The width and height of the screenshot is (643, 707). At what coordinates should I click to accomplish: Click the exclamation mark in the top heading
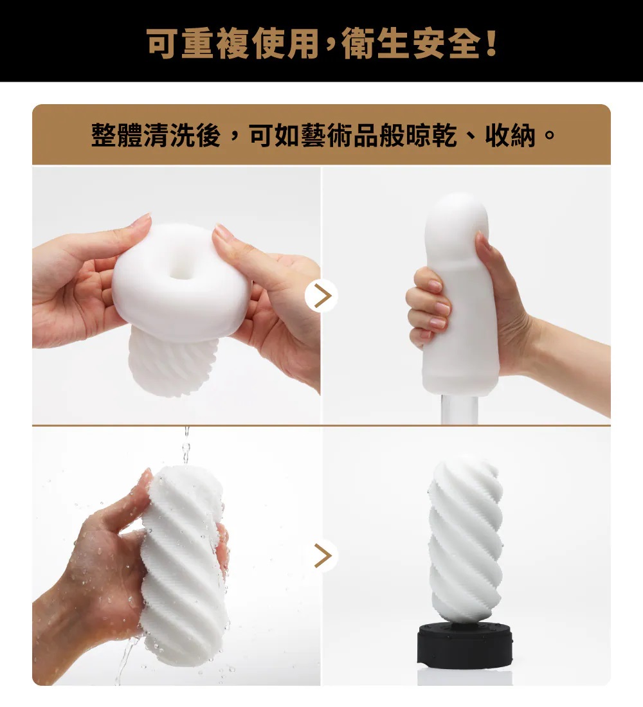[491, 43]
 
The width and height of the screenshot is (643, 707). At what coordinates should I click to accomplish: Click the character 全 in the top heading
[465, 43]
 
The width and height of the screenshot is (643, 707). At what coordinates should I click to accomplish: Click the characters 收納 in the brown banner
[511, 134]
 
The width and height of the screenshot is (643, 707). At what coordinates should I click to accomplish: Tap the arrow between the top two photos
[321, 296]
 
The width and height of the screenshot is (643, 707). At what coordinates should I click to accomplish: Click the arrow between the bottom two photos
[322, 555]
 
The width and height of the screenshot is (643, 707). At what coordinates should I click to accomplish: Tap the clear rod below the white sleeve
[459, 410]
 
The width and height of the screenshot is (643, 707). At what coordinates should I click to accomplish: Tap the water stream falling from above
[186, 447]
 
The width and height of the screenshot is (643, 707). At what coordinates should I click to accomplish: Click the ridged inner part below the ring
[173, 364]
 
